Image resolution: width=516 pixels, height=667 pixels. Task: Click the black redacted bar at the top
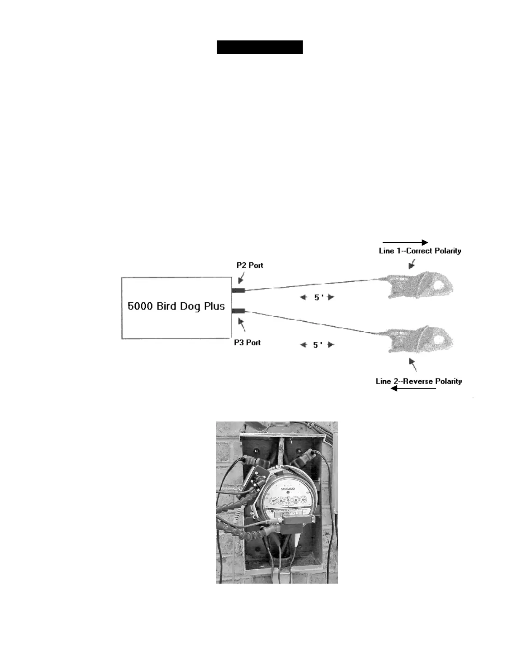click(x=260, y=47)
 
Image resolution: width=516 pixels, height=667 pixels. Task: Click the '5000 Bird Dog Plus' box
click(x=177, y=307)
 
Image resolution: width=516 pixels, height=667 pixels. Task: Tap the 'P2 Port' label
click(x=250, y=265)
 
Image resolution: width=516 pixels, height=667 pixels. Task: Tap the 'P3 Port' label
click(x=247, y=342)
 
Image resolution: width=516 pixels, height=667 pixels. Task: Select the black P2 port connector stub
click(x=239, y=290)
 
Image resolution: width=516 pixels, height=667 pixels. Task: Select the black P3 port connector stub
click(x=239, y=311)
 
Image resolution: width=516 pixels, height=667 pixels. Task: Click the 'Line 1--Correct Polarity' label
click(x=420, y=251)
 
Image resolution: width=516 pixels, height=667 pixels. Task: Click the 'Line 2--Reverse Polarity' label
click(x=419, y=381)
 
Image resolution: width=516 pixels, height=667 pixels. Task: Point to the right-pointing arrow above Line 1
click(x=405, y=242)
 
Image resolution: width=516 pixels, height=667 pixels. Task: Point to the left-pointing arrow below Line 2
click(x=413, y=388)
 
